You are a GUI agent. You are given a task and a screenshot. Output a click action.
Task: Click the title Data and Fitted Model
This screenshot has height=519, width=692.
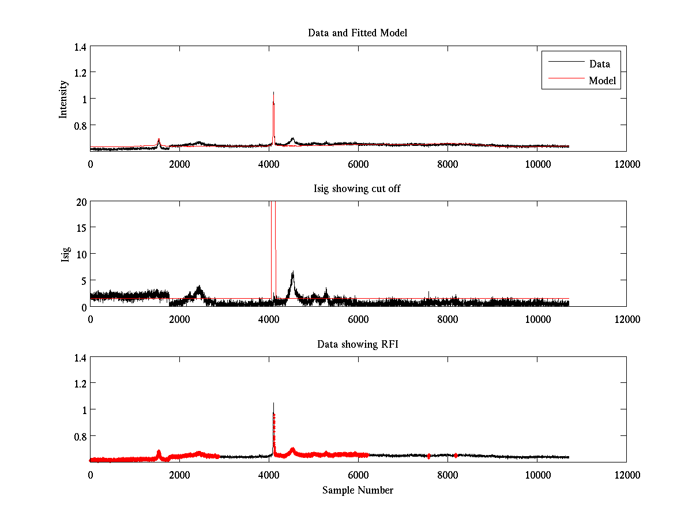tap(358, 33)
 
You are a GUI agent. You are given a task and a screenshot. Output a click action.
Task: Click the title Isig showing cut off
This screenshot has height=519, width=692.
tap(358, 189)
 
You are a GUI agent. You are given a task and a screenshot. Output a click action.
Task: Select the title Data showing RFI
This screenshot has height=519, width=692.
tap(358, 344)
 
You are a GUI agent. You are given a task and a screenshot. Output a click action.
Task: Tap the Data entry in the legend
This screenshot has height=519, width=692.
tap(599, 64)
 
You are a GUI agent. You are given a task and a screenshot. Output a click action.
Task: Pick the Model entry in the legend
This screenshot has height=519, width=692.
tap(602, 81)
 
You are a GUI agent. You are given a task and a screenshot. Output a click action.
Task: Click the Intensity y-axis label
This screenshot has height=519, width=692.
tap(64, 99)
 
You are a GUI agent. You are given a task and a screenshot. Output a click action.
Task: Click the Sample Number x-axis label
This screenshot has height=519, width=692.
tap(358, 490)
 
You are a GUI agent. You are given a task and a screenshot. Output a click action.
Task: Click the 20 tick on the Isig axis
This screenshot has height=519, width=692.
tap(81, 202)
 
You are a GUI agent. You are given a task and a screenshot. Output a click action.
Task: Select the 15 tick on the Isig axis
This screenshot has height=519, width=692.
tap(81, 228)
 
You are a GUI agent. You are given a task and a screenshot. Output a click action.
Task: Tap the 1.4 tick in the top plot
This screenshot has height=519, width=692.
tap(80, 47)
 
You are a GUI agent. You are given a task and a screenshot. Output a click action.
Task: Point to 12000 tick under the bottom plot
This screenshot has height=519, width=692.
tap(626, 475)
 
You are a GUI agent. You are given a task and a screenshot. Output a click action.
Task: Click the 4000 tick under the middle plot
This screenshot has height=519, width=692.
tap(269, 319)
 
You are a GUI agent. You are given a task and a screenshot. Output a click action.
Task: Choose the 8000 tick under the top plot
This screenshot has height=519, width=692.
tap(447, 164)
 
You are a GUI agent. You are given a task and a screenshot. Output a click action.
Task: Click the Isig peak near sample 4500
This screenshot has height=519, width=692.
tap(292, 273)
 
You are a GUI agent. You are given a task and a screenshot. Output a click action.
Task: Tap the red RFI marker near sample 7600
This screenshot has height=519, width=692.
tap(429, 456)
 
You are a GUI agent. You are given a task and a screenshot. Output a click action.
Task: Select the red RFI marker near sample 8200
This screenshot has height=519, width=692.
tap(456, 456)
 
